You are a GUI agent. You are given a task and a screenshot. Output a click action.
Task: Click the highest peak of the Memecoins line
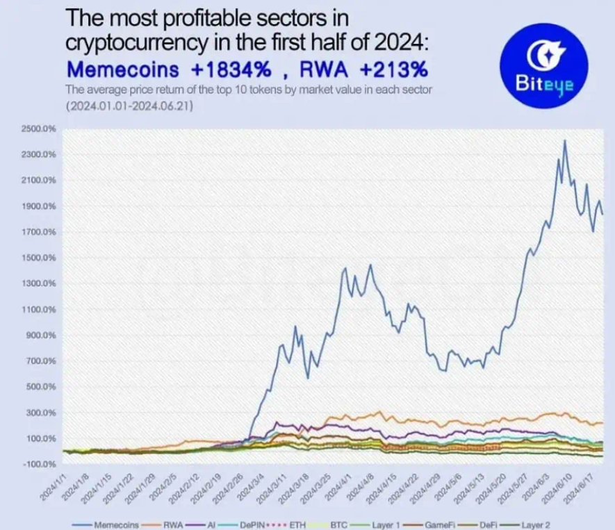tap(564, 141)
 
